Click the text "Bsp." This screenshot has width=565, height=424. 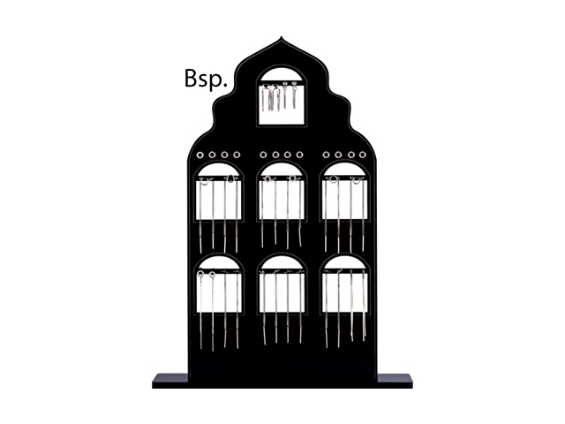click(x=207, y=78)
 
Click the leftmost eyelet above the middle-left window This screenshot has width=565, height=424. click(x=201, y=155)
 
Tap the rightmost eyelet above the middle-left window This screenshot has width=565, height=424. click(x=238, y=155)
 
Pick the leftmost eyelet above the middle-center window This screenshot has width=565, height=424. click(x=264, y=155)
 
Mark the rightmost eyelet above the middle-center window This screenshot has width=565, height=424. click(x=301, y=155)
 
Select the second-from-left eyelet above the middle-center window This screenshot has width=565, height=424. click(x=276, y=155)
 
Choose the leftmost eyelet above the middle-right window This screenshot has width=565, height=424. click(x=327, y=155)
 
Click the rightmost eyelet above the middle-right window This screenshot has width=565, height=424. click(x=364, y=155)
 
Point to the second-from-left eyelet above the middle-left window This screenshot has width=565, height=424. click(x=214, y=155)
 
